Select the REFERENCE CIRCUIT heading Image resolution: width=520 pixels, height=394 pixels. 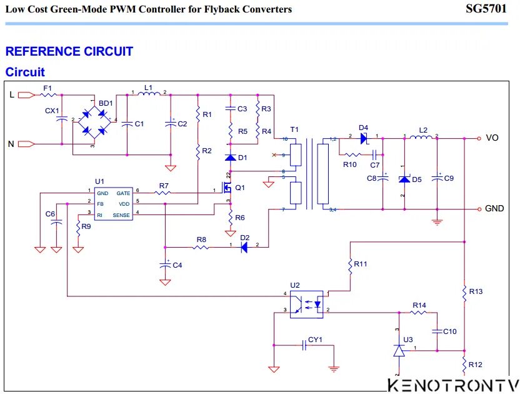click(x=69, y=51)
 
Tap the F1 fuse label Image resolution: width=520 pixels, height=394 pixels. click(x=47, y=88)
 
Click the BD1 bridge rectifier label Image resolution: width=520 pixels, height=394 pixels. click(x=106, y=103)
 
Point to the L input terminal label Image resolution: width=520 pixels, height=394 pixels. click(x=11, y=95)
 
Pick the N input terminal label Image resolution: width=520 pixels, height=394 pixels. click(x=11, y=144)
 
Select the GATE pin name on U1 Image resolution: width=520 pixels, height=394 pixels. click(x=123, y=194)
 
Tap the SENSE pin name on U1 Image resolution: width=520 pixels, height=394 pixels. click(x=121, y=215)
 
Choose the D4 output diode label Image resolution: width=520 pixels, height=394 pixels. click(x=363, y=128)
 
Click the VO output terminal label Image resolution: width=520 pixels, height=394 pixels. click(x=492, y=138)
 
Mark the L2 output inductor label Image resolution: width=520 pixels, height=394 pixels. click(x=423, y=130)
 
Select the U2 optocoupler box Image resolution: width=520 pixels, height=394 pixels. click(x=306, y=303)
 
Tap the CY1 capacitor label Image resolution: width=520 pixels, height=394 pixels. click(x=315, y=340)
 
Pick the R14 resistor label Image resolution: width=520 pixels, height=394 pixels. click(x=419, y=305)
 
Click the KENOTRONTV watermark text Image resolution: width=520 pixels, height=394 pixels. click(x=453, y=385)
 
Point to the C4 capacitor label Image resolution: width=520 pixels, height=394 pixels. click(x=177, y=265)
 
